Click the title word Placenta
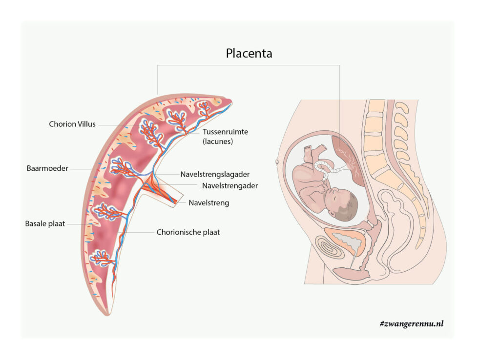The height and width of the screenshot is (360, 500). click(249, 53)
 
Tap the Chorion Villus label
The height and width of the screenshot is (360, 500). click(72, 124)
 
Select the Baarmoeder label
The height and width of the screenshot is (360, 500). click(47, 168)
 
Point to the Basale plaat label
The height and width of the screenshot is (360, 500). click(45, 224)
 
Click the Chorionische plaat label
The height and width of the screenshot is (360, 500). click(188, 232)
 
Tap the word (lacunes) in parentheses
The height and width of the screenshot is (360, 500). click(217, 141)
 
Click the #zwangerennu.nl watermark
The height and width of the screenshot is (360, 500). click(411, 323)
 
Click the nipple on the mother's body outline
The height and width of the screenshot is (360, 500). click(278, 160)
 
